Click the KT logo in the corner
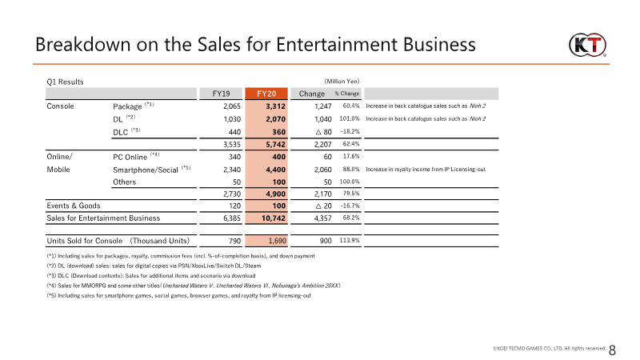pyautogui.click(x=587, y=45)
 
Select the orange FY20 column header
pyautogui.click(x=266, y=94)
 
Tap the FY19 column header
pyautogui.click(x=221, y=94)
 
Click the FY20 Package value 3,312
pyautogui.click(x=275, y=106)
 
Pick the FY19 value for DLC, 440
pyautogui.click(x=234, y=132)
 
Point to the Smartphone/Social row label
pyautogui.click(x=146, y=170)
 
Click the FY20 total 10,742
pyautogui.click(x=274, y=218)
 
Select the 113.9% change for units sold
pyautogui.click(x=350, y=241)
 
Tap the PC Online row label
pyautogui.click(x=130, y=157)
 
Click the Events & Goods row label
pyautogui.click(x=74, y=206)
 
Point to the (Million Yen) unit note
pyautogui.click(x=342, y=82)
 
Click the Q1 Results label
pyautogui.click(x=65, y=82)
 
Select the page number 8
pyautogui.click(x=612, y=350)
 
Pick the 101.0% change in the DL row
pyautogui.click(x=350, y=118)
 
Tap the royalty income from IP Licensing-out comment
pyautogui.click(x=426, y=170)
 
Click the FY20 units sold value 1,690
pyautogui.click(x=277, y=241)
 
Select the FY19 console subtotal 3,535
pyautogui.click(x=232, y=145)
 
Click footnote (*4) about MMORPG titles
pyautogui.click(x=194, y=286)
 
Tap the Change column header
pyautogui.click(x=312, y=94)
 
